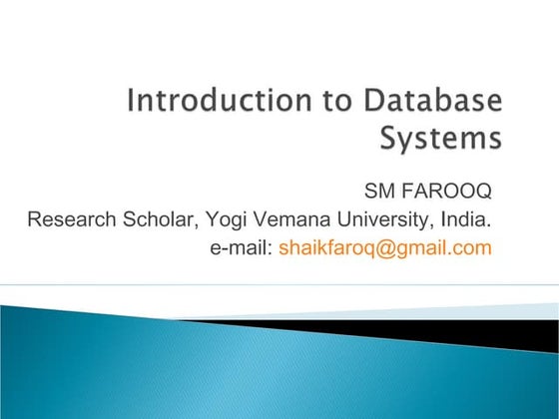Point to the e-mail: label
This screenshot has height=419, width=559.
pyautogui.click(x=240, y=247)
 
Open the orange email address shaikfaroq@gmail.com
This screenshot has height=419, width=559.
pyautogui.click(x=385, y=247)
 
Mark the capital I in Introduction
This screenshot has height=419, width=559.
pyautogui.click(x=132, y=102)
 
